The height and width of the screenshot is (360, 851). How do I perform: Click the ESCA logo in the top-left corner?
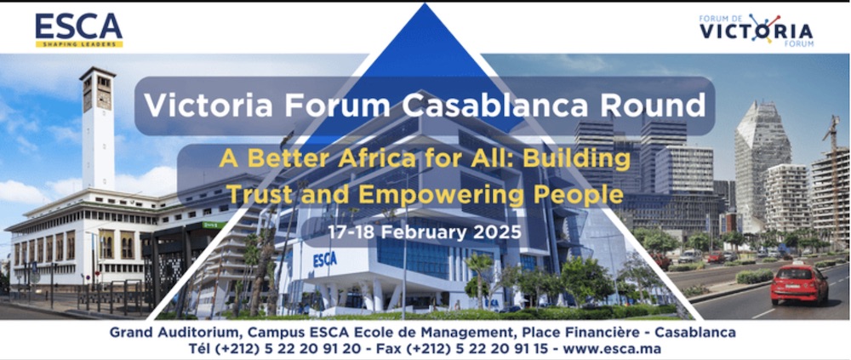tap(78, 30)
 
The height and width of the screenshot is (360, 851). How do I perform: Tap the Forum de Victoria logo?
tap(756, 31)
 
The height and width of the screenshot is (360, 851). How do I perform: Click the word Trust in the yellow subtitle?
tap(260, 194)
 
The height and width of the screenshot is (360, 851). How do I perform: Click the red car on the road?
tap(799, 284)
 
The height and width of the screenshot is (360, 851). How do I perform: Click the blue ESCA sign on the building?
tap(324, 260)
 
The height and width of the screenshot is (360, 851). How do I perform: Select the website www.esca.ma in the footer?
tap(612, 349)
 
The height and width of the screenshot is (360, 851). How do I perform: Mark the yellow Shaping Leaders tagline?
tap(78, 44)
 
